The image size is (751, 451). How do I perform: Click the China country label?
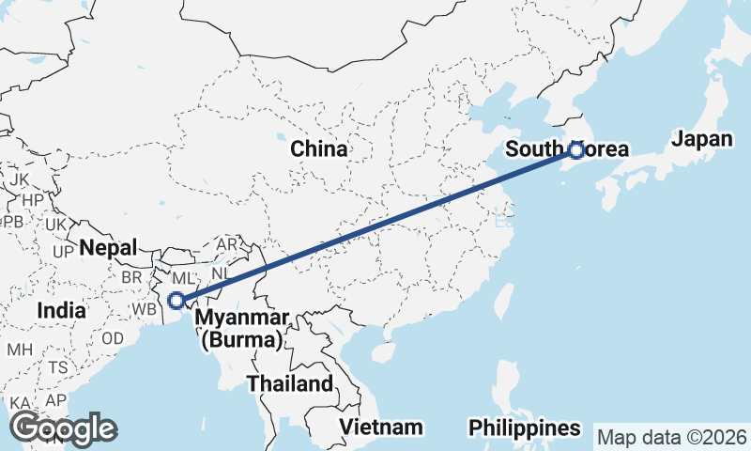click(x=319, y=148)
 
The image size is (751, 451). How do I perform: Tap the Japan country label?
click(x=701, y=140)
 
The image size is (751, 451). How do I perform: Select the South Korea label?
click(x=567, y=149)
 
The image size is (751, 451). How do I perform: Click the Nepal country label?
click(x=108, y=248)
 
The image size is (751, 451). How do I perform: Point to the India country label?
click(x=61, y=310)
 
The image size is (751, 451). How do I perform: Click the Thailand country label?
click(x=290, y=383)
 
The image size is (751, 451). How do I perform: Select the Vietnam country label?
click(x=381, y=428)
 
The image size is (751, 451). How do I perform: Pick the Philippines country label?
click(x=525, y=428)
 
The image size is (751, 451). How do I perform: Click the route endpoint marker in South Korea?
click(x=576, y=149)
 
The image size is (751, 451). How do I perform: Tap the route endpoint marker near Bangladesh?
click(x=176, y=301)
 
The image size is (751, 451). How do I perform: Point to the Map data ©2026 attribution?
click(x=671, y=438)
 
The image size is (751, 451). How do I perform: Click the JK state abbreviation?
click(x=21, y=179)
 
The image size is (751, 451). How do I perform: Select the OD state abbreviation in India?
click(x=113, y=338)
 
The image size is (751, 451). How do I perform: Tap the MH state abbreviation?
click(x=20, y=350)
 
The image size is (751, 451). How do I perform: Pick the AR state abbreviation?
click(x=227, y=244)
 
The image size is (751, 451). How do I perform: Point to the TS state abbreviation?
click(x=58, y=367)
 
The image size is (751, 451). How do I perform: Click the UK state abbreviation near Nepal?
click(x=56, y=225)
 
